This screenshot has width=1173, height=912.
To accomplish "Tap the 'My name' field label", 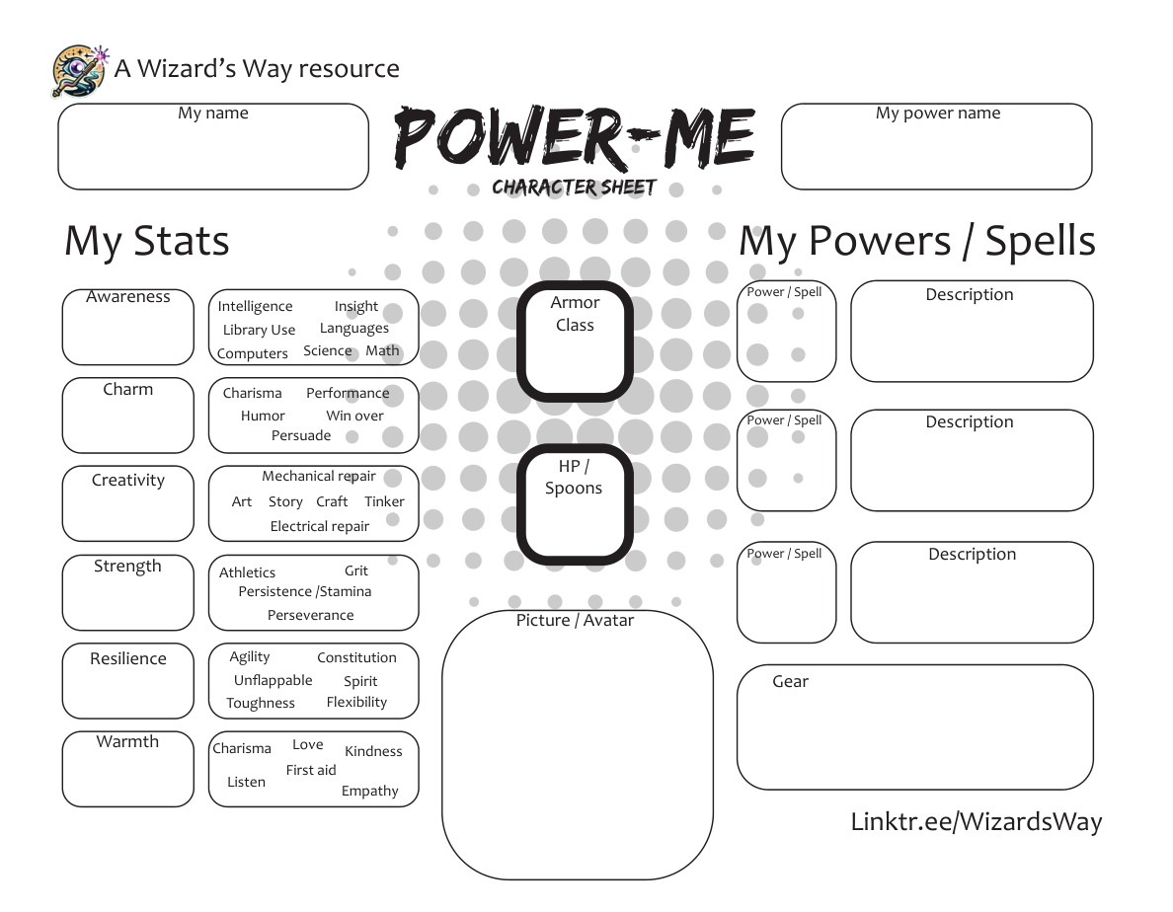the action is [212, 114].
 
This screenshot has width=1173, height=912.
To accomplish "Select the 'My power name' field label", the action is [937, 114].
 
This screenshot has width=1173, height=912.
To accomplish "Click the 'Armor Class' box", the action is [575, 342].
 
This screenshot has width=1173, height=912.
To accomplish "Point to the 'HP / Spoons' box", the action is [575, 504].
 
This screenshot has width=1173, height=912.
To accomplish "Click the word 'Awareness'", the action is [128, 297].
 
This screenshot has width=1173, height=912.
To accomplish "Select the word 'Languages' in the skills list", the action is [353, 329].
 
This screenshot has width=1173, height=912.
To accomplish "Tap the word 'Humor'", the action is [263, 417].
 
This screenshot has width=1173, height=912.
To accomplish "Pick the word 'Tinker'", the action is [384, 501].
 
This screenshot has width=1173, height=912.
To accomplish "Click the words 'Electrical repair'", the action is [320, 526].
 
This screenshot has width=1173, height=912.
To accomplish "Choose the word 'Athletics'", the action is [247, 572].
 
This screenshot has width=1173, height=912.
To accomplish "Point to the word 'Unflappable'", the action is [273, 680].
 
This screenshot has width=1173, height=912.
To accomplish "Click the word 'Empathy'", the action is [370, 791].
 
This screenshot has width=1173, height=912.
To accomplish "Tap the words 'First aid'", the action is [311, 770].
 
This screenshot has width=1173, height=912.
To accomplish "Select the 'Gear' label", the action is [790, 681].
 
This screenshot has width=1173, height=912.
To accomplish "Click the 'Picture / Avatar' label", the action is [575, 621].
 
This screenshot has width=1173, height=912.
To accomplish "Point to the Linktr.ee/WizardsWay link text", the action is [976, 821].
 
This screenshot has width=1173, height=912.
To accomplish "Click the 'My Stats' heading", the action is [147, 242].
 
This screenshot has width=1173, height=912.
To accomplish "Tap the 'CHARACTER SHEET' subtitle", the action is [574, 188].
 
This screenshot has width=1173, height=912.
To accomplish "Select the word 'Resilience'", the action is [128, 659].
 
